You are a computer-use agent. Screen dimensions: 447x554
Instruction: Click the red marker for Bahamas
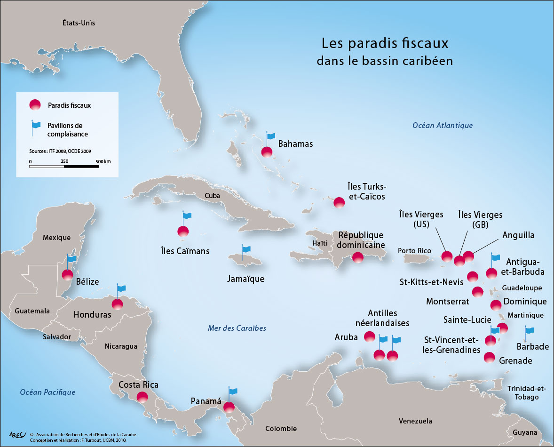point(267,152)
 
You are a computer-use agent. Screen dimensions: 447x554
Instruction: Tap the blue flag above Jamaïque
point(245,249)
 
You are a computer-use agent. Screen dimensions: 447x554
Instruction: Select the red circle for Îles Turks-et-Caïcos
point(339,203)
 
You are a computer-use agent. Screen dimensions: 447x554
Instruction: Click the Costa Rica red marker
point(142,397)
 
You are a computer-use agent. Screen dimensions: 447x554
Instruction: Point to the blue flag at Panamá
point(232,391)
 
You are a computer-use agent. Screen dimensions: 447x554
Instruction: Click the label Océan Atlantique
point(442,125)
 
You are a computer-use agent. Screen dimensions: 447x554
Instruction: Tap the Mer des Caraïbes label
point(237,328)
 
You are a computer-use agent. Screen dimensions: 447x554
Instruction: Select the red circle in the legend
point(35,105)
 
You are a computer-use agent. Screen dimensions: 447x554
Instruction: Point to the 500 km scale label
point(103,161)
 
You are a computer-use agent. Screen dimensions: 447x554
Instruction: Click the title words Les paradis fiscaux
point(385,44)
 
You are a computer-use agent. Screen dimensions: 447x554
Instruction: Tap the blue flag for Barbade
point(529,331)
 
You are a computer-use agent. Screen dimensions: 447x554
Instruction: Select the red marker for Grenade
point(490,358)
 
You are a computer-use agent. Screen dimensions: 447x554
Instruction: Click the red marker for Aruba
point(370,337)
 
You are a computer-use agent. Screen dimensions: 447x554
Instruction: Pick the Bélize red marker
point(68,275)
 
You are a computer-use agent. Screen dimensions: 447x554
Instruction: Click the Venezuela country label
point(415,421)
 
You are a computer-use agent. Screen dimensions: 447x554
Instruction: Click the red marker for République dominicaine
point(357,257)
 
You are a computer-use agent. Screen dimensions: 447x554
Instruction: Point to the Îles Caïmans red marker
point(183,231)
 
